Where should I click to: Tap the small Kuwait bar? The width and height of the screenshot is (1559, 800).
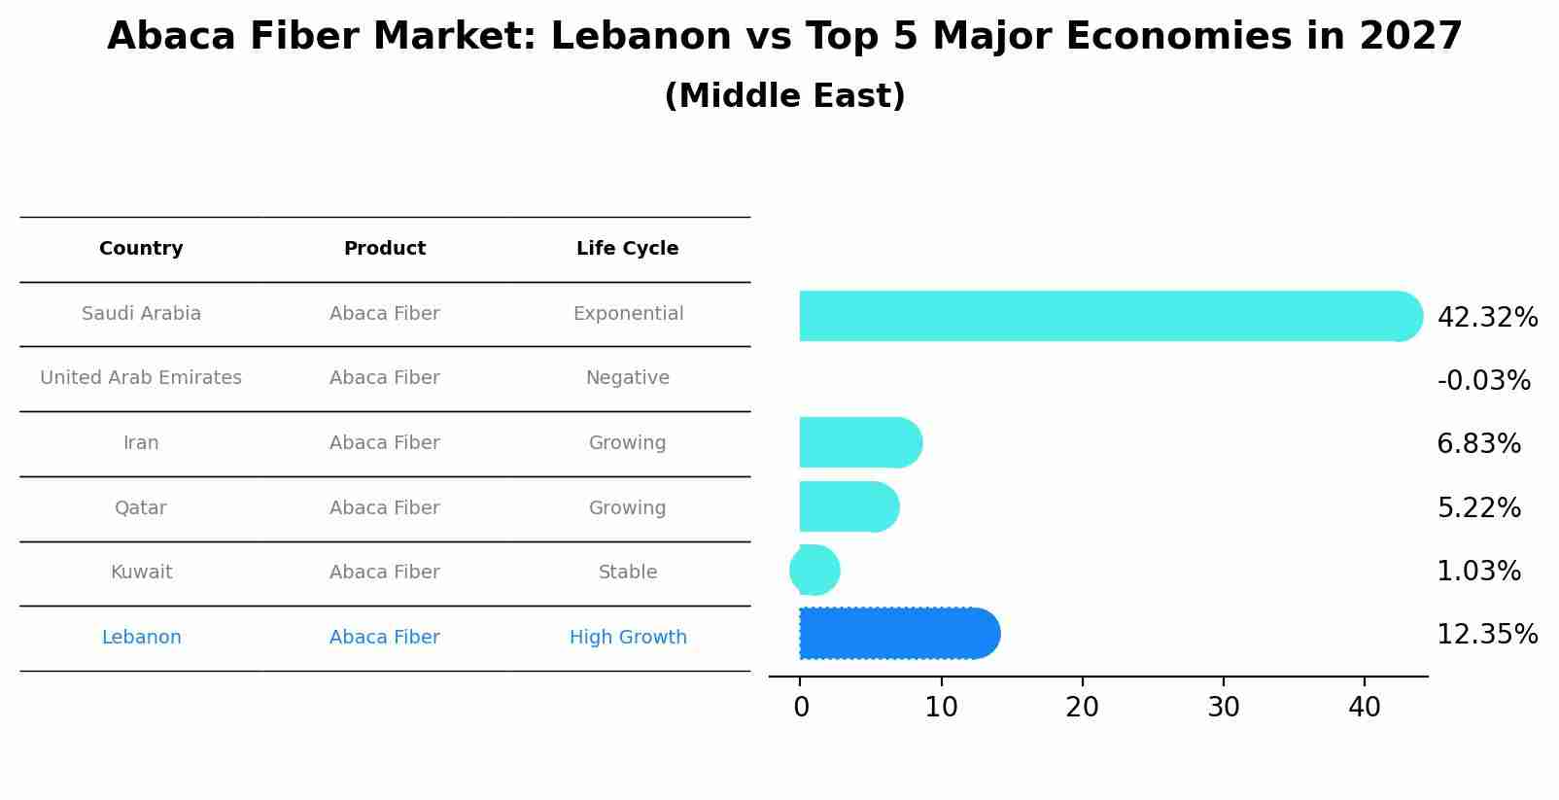click(814, 571)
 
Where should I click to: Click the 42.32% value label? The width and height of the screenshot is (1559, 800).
click(1487, 318)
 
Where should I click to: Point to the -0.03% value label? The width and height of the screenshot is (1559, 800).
click(1483, 381)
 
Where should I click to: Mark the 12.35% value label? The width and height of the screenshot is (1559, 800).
click(1487, 635)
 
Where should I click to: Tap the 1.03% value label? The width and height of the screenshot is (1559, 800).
click(1478, 572)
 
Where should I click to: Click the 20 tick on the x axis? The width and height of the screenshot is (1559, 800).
click(1082, 708)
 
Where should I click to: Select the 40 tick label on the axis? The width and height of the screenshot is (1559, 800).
click(1364, 708)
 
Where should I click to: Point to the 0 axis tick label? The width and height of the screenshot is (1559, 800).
click(801, 708)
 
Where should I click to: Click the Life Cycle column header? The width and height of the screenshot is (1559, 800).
click(627, 249)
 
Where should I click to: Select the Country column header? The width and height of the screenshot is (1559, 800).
click(141, 249)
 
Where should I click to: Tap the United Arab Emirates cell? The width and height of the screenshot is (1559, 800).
click(141, 378)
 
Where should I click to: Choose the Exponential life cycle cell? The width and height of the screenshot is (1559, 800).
click(628, 314)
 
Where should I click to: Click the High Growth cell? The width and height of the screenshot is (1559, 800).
click(628, 638)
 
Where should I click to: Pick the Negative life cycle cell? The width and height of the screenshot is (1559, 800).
click(627, 378)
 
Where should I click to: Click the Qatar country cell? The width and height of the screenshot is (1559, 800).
click(141, 508)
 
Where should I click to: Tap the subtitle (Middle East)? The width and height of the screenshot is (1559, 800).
click(784, 96)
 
